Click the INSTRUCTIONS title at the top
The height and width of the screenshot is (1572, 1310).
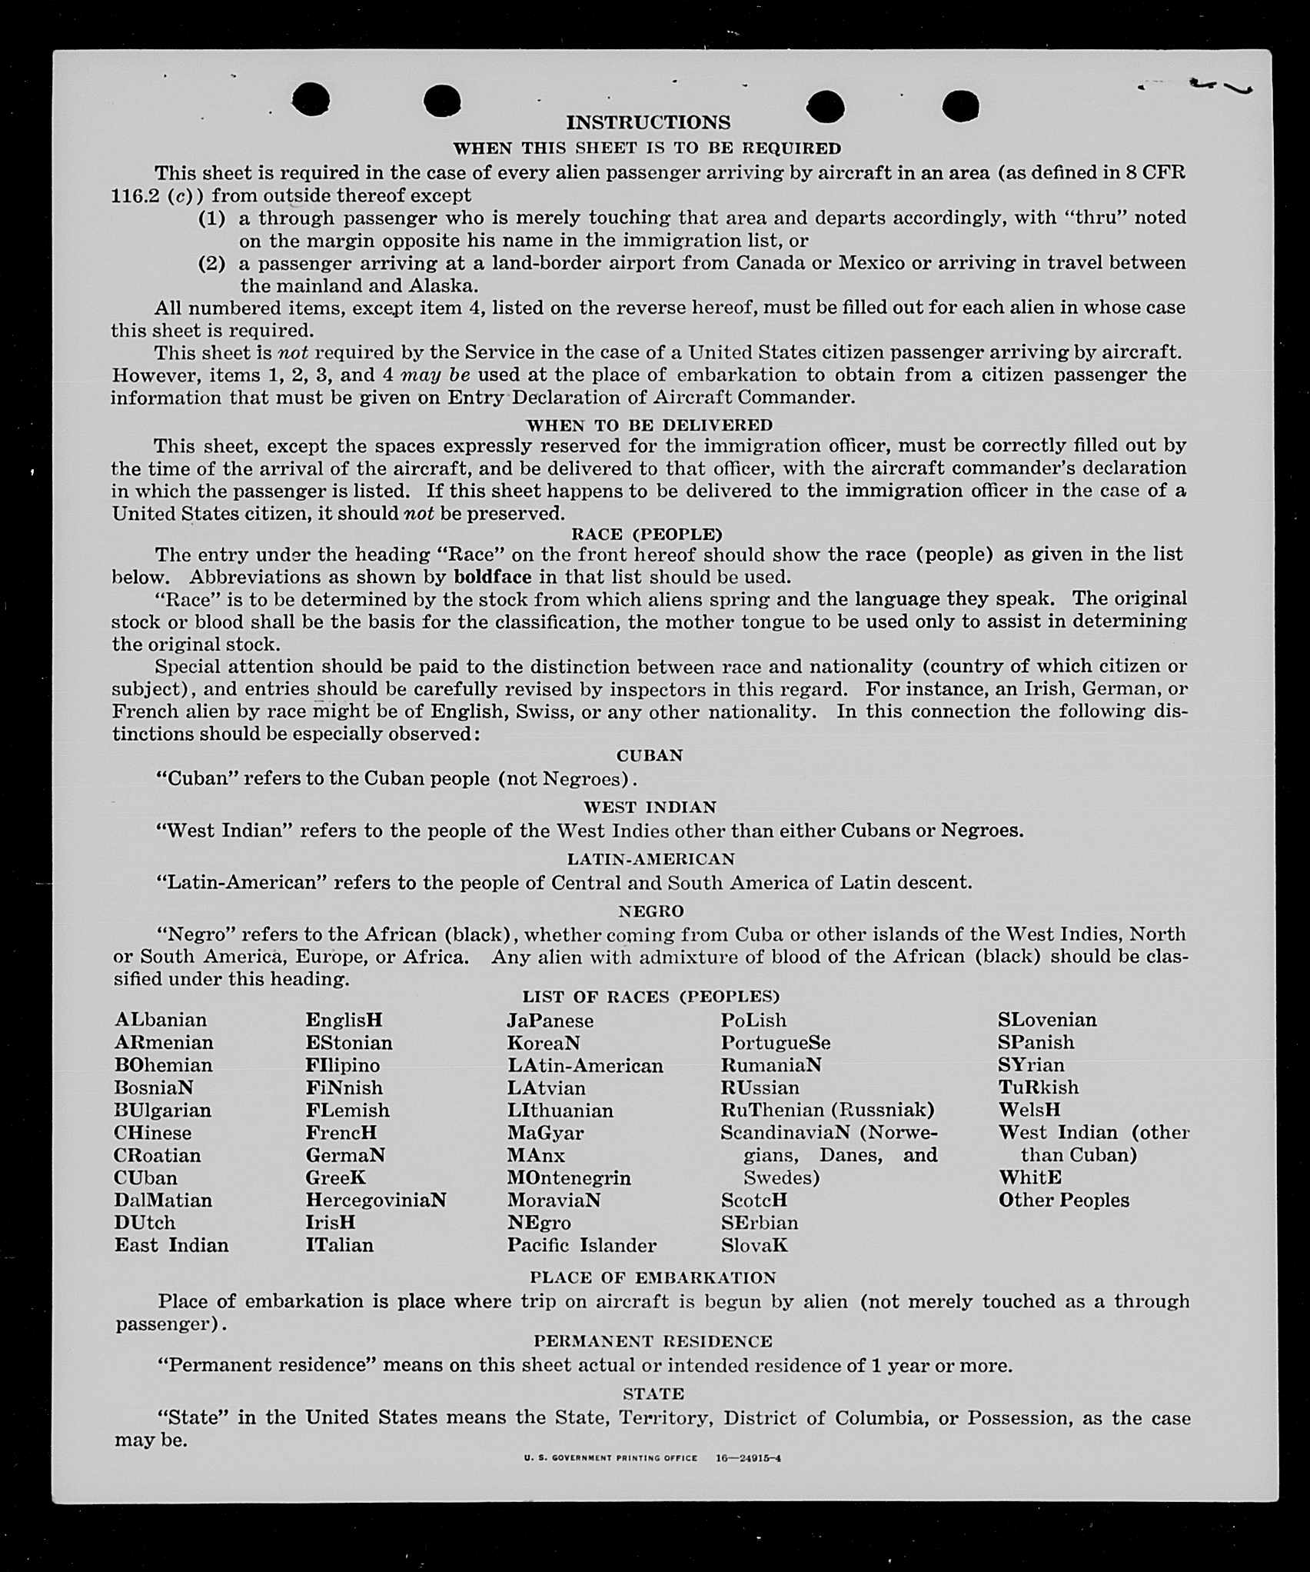coord(648,122)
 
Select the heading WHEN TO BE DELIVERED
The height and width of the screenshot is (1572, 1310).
coord(649,425)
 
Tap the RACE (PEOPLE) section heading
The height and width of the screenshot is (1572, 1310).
coord(647,534)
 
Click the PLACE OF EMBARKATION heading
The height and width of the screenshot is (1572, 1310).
coord(653,1277)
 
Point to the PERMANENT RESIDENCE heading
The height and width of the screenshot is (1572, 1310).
coord(653,1341)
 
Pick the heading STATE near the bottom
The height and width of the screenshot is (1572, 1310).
coord(653,1393)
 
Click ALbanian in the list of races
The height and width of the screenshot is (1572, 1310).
coord(161,1020)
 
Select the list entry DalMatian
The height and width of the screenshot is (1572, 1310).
coord(163,1200)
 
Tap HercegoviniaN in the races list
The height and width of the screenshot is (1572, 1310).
coord(375,1200)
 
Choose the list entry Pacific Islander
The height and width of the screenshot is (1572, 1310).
coord(581,1245)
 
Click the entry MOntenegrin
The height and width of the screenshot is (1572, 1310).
coord(568,1177)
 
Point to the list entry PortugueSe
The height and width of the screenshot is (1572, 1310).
coord(775,1042)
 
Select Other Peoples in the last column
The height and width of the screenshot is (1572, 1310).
coord(1063,1200)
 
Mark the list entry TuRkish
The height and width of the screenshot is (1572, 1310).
coord(1038,1087)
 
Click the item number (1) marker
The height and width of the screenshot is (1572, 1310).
coord(211,218)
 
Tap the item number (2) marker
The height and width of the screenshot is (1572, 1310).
coord(211,263)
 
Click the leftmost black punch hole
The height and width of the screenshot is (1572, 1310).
coord(311,100)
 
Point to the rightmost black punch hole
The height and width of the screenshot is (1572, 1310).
coord(960,105)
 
